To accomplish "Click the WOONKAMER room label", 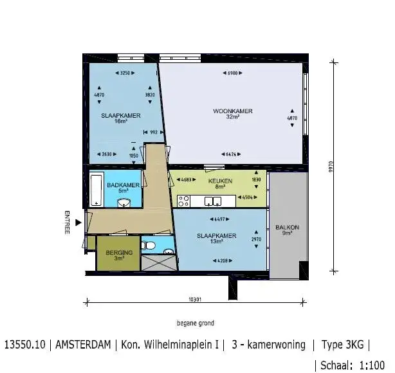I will [x=233, y=111].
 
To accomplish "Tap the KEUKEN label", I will [x=220, y=181].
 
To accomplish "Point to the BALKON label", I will [x=287, y=228].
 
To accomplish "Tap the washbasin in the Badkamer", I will [x=125, y=203].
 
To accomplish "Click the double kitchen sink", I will [x=212, y=202].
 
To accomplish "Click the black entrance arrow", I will [x=78, y=223].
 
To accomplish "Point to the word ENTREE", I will [x=67, y=223].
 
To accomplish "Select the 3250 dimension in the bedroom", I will [x=126, y=74].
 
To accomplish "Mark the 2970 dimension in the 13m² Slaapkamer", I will [x=255, y=239].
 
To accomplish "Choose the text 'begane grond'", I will [x=196, y=323].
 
